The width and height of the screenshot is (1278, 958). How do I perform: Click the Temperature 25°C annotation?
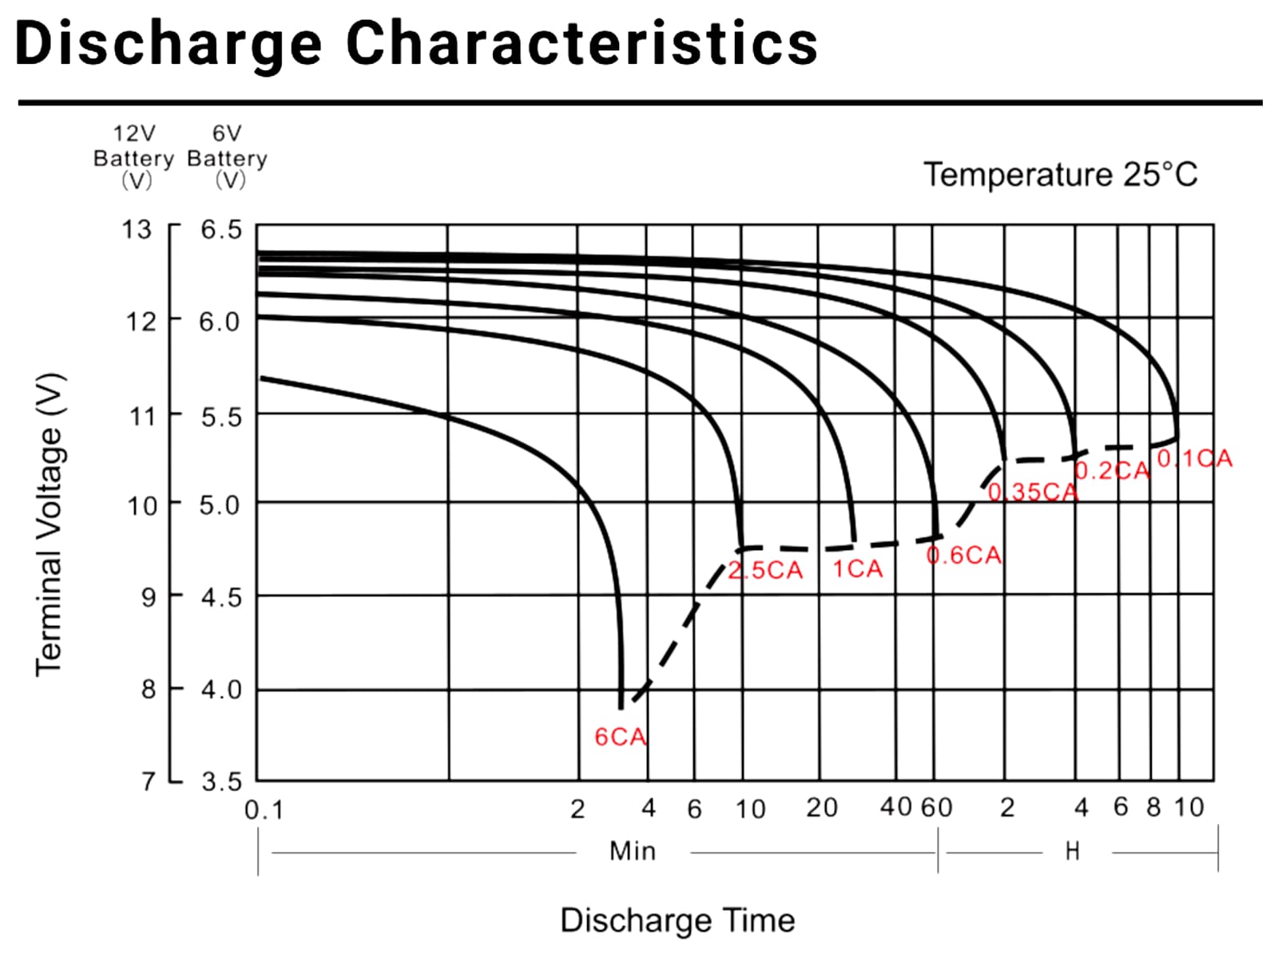coord(1060,174)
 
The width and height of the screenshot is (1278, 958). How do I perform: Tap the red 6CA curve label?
coord(620,736)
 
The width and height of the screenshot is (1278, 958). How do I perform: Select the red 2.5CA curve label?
coord(765,570)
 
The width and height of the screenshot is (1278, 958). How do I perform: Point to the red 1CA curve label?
coord(857,568)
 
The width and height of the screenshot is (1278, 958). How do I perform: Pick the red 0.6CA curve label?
coord(963,555)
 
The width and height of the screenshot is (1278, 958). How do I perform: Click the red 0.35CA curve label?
coord(1033,492)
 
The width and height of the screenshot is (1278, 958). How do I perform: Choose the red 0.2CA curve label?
coord(1112,470)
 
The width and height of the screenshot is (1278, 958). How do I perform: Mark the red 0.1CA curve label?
coord(1194,458)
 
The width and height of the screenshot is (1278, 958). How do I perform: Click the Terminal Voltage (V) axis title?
coord(49,525)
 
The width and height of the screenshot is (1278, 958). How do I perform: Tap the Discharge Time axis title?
coord(677,920)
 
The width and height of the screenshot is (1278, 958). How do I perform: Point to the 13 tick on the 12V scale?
coord(136,230)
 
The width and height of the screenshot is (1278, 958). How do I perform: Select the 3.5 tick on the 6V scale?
coord(221,781)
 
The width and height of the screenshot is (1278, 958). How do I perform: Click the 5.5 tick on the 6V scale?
coord(221,416)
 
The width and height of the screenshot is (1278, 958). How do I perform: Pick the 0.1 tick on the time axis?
coord(264,810)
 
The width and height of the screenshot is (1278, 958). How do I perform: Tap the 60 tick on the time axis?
coord(936,808)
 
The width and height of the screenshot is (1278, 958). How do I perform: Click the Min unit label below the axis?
coord(633,851)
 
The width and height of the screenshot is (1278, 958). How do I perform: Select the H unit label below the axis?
coord(1073,852)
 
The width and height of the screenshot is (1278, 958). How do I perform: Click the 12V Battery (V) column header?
coord(133,157)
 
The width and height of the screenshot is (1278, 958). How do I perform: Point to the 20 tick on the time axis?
coord(821,808)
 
